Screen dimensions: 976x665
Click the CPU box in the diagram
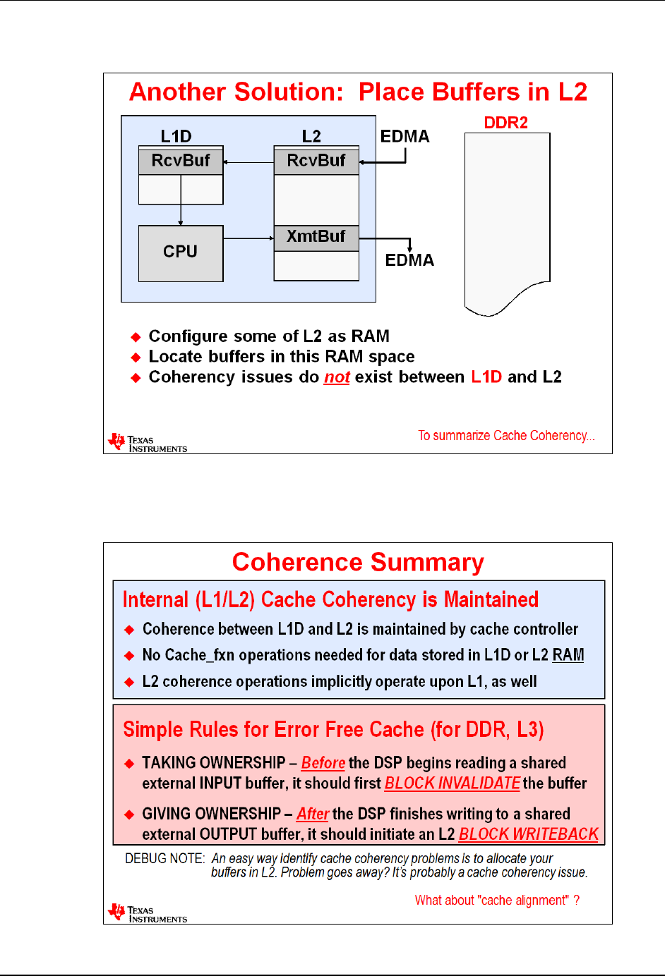click(181, 252)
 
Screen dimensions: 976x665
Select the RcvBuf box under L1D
click(181, 161)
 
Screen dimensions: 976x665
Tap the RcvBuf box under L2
click(316, 161)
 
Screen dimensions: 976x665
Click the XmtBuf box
click(316, 237)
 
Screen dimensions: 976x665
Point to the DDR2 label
click(505, 123)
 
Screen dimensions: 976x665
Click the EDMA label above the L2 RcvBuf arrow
click(405, 136)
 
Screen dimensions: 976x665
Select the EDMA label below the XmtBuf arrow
click(409, 260)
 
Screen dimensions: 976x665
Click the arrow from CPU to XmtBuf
click(248, 238)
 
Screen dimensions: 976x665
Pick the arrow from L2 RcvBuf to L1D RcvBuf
click(248, 162)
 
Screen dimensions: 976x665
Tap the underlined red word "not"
click(337, 377)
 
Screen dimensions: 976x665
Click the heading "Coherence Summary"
click(358, 562)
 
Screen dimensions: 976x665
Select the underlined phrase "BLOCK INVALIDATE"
click(452, 783)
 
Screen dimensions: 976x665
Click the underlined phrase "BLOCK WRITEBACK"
click(528, 834)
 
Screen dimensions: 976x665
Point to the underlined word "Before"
click(323, 763)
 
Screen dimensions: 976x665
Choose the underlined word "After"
click(313, 814)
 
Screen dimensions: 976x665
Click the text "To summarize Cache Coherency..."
click(506, 436)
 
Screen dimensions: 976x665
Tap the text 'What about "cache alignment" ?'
click(497, 901)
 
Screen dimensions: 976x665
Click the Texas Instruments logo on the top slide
click(147, 443)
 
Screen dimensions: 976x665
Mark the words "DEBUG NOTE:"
click(164, 859)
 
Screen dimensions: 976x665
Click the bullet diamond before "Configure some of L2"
click(136, 337)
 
